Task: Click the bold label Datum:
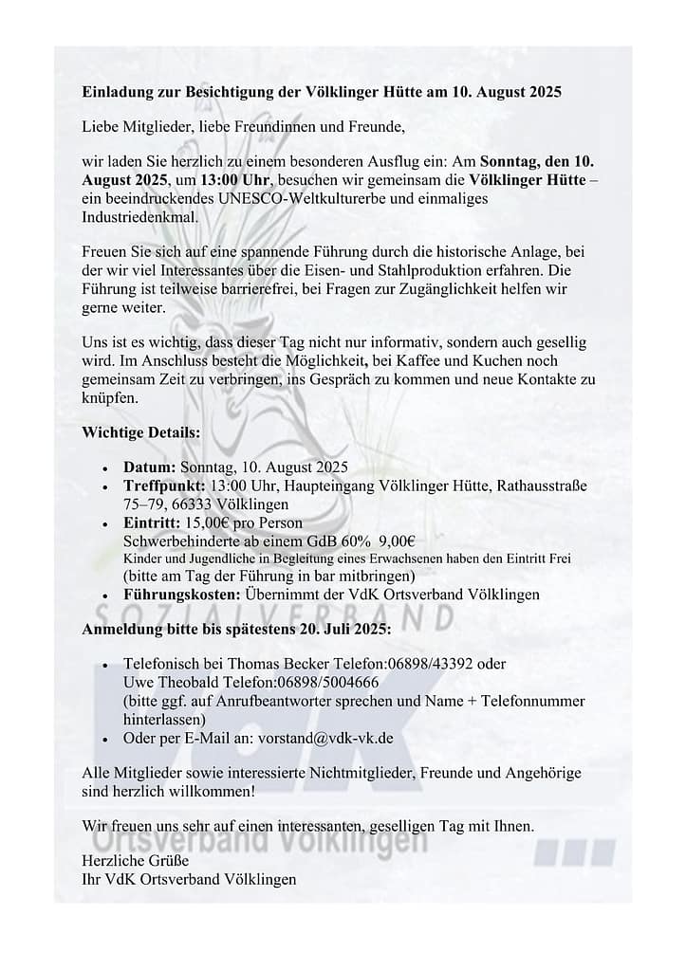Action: point(150,467)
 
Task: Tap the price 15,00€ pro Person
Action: point(241,522)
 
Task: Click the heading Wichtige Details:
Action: point(141,431)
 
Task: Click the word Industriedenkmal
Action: point(140,215)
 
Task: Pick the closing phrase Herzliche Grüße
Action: point(136,861)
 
